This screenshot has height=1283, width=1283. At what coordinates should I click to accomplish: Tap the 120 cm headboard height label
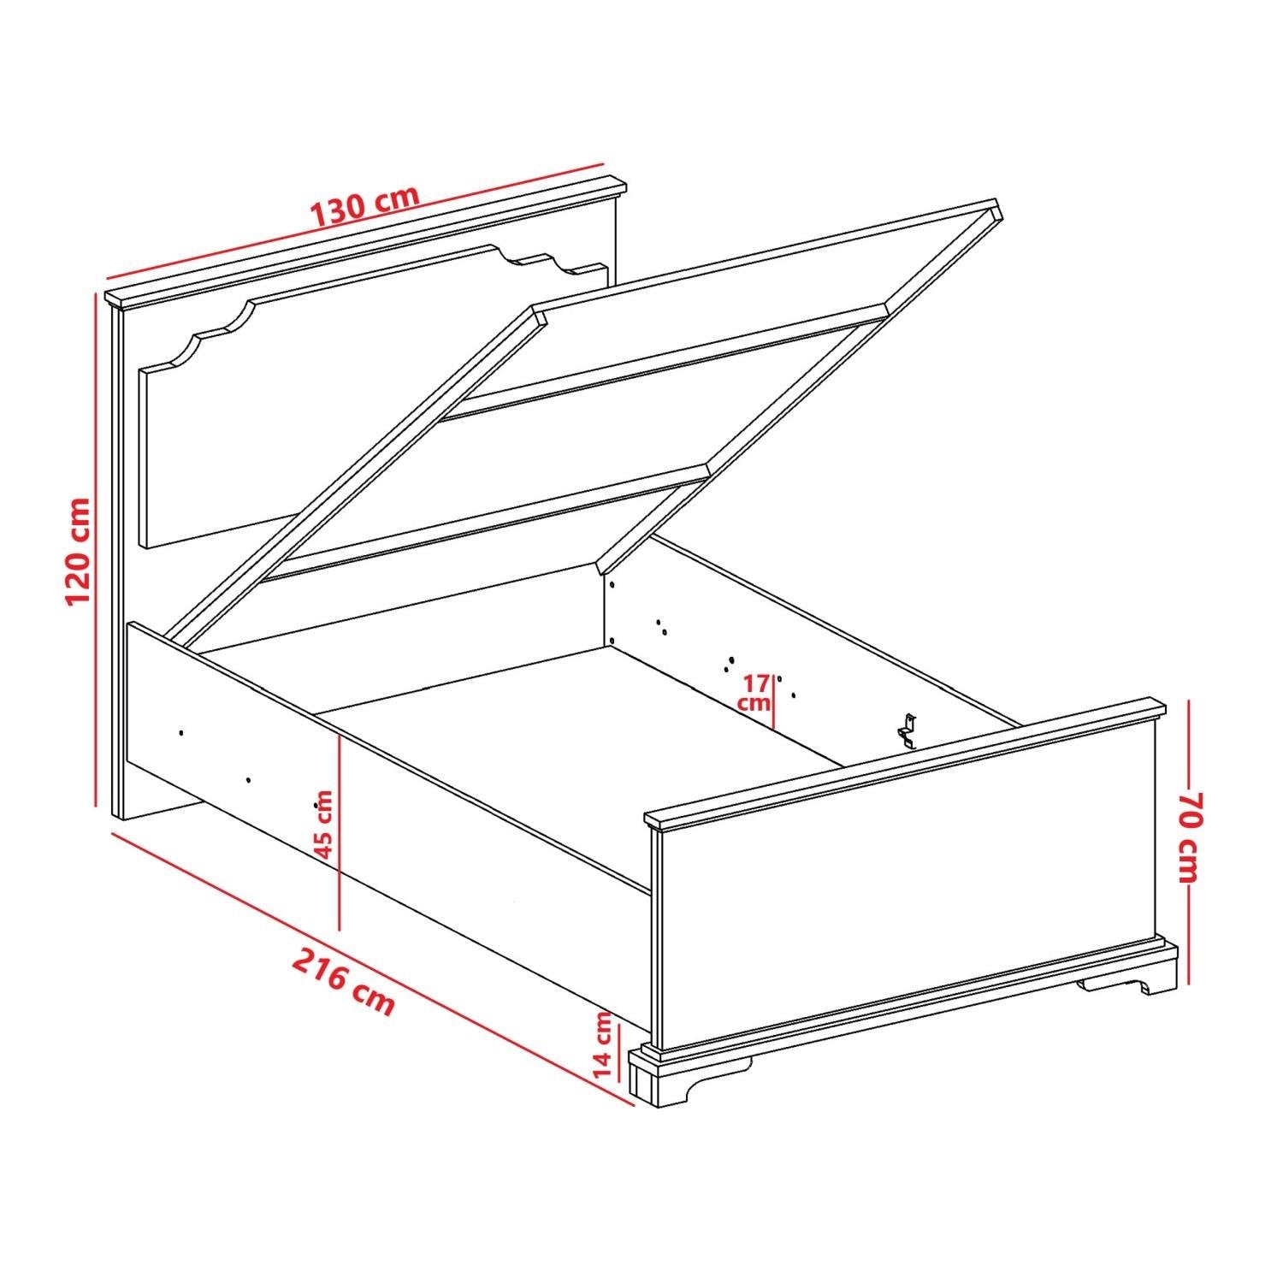(79, 550)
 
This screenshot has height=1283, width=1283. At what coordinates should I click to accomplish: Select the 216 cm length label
(344, 980)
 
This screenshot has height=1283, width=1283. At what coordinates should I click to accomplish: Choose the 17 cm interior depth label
(755, 693)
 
